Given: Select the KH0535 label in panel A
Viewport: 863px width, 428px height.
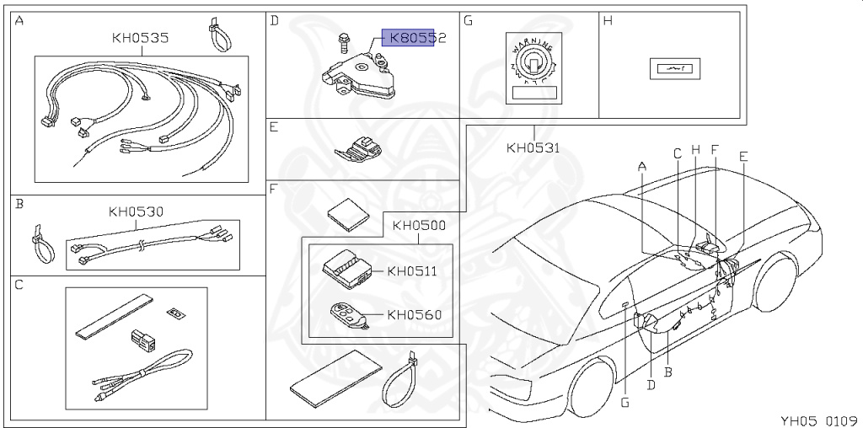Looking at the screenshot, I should pyautogui.click(x=140, y=38).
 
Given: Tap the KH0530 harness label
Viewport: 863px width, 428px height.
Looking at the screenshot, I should pyautogui.click(x=136, y=211).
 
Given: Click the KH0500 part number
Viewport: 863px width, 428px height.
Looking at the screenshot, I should pyautogui.click(x=419, y=226).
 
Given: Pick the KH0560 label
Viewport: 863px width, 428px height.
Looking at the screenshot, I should pyautogui.click(x=414, y=315).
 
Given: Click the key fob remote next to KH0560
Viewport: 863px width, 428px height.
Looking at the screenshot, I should pyautogui.click(x=349, y=316).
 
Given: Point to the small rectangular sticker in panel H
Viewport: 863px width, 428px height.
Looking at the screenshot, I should pyautogui.click(x=669, y=68).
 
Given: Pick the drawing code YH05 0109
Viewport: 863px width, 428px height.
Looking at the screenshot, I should pyautogui.click(x=817, y=420).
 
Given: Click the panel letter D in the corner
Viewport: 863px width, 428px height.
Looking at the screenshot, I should pyautogui.click(x=274, y=20).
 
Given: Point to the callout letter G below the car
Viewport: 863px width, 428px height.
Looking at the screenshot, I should pyautogui.click(x=624, y=402).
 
